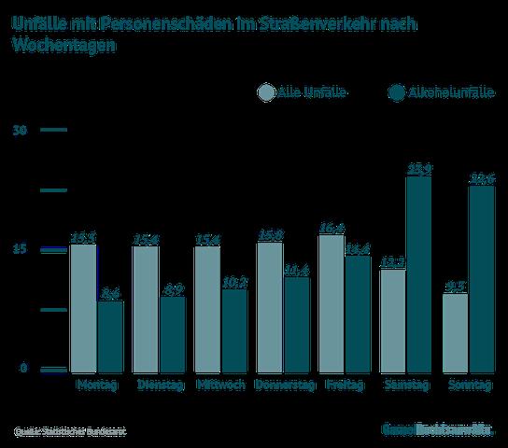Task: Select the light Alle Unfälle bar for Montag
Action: coord(82,307)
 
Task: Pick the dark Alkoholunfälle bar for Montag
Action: coord(110,335)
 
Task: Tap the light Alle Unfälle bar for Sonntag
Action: coord(455,331)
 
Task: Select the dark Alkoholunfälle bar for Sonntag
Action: coord(482,279)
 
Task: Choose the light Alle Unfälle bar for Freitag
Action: coord(330,302)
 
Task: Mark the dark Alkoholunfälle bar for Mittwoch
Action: coord(233,329)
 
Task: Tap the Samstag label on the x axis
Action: coord(405,384)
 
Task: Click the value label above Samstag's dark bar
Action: coord(419,169)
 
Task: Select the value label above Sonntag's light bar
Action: coord(455,286)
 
